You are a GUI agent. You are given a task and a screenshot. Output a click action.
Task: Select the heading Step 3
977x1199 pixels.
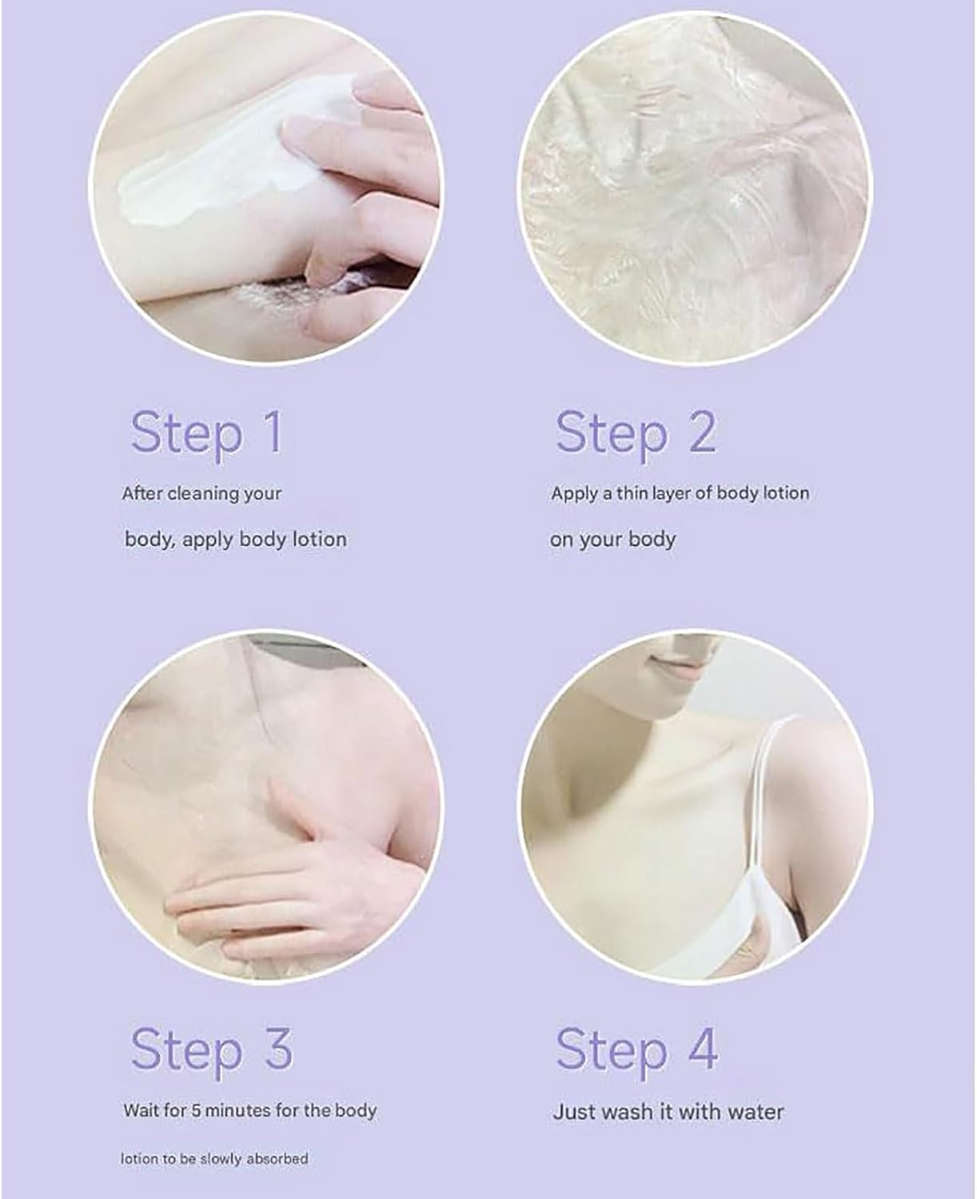[x=211, y=1050]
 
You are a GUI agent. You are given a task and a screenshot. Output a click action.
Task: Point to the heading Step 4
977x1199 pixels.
[x=636, y=1050]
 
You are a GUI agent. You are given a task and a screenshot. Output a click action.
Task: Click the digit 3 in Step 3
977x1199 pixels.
[x=277, y=1049]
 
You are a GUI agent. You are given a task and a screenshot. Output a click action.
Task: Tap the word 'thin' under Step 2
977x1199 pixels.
[x=632, y=493]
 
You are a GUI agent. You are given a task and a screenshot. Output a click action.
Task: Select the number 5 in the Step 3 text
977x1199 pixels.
[x=196, y=1110]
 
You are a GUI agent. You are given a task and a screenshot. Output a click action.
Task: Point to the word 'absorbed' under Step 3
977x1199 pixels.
[x=277, y=1158]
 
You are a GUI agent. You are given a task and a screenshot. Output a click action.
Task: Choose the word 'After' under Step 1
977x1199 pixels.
[x=142, y=494]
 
